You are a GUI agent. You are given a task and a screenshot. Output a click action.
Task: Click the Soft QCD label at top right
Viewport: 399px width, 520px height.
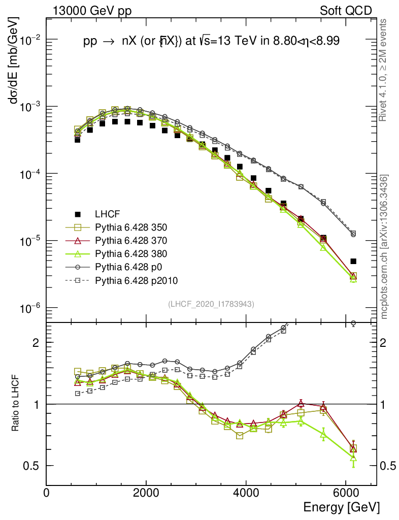(346, 11)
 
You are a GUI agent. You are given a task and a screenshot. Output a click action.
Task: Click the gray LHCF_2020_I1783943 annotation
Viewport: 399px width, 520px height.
(211, 304)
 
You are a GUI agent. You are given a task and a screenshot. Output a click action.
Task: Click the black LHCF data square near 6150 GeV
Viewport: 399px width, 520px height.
(353, 262)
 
